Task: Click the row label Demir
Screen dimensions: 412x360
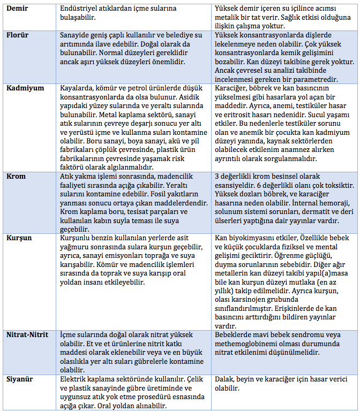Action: click(18, 10)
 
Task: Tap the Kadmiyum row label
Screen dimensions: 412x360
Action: click(25, 88)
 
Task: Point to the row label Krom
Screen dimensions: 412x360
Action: click(17, 176)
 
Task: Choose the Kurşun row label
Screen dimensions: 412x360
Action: click(20, 237)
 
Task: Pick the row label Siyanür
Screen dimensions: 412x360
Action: click(21, 378)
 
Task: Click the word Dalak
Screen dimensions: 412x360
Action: click(226, 378)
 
